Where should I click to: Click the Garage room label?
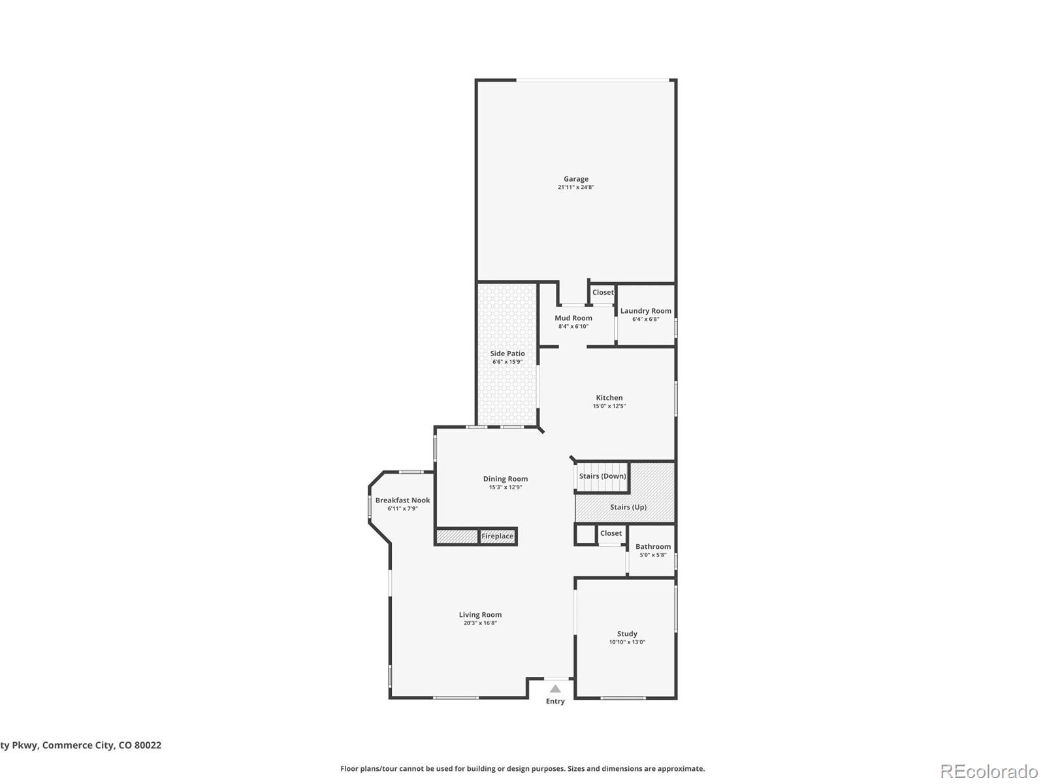576,178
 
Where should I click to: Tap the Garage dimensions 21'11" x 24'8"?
576,188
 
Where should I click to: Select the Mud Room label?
573,318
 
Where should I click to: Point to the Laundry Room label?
645,311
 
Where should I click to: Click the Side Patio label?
507,353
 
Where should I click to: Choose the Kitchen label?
609,397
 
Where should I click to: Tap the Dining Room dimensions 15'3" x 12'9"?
506,487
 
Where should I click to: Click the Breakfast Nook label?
402,500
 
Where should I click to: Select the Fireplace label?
498,536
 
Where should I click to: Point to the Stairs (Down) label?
602,476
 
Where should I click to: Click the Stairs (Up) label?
628,507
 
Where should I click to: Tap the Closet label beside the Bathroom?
611,533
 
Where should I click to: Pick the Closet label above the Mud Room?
603,293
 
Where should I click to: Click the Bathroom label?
652,547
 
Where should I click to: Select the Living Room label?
480,615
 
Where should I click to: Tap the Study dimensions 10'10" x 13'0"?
627,642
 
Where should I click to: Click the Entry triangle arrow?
555,689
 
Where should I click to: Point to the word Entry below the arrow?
555,702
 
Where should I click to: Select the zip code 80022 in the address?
148,745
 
